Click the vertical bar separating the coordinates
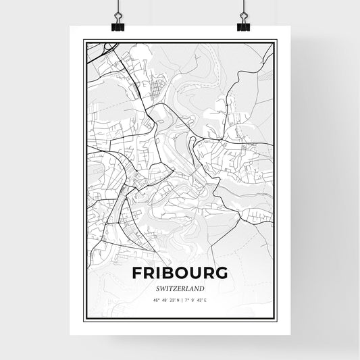coord(180,299)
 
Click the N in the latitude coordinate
coord(177,299)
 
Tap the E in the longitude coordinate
coord(205,299)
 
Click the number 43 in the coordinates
coord(199,299)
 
